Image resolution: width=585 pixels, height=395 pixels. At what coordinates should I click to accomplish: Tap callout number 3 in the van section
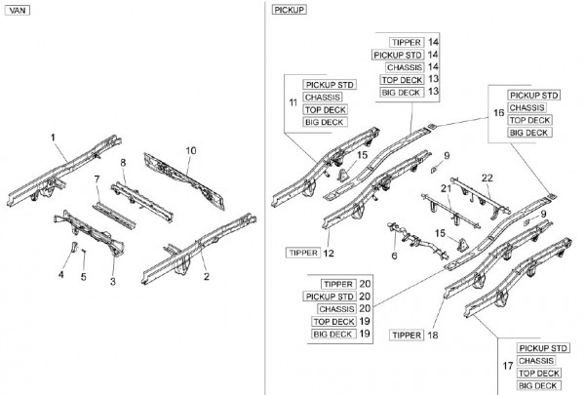(112, 282)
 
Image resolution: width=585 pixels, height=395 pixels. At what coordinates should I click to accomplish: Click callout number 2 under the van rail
(206, 276)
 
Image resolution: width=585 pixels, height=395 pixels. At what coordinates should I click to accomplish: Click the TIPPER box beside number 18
(406, 335)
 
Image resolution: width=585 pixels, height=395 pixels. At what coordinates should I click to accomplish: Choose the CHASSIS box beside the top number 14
(404, 67)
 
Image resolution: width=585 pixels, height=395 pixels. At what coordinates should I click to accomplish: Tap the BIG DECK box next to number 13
(403, 92)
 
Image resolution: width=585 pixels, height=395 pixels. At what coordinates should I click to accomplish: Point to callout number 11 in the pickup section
(292, 102)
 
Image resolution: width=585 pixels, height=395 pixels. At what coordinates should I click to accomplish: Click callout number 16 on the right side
(498, 113)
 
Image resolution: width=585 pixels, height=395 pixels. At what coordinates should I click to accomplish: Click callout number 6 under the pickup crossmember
(394, 256)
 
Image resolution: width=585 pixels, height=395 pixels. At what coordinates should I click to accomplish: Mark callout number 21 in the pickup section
(446, 188)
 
